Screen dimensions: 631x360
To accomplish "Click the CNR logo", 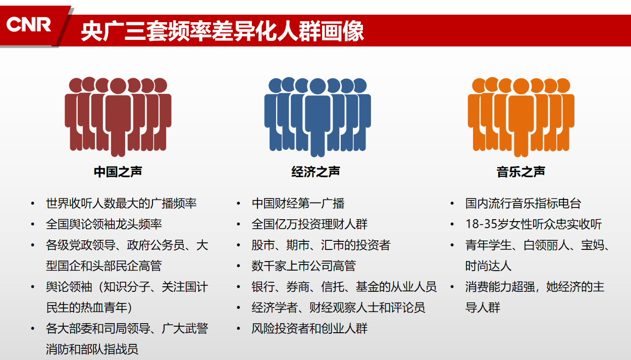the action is coord(29,25).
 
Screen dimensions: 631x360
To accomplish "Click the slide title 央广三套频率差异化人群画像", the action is coord(223,31).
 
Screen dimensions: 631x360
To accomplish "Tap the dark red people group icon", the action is coord(118,117).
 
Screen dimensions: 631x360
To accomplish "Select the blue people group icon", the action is coord(318,117).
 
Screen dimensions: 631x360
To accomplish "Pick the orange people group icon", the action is coord(521,117).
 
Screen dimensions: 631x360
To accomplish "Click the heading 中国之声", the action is coord(118,172).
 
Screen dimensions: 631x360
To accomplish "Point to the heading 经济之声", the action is coord(316,172).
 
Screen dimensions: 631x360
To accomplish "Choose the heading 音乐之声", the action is coord(521,172).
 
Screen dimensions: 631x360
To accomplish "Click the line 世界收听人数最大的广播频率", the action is coord(121,203).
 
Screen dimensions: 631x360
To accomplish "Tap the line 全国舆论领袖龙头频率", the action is coord(104,224).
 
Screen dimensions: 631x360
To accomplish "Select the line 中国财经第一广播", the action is coord(298,203).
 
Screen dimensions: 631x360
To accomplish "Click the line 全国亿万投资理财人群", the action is coord(309,224).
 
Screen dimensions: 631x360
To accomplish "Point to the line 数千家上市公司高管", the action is coord(304,266).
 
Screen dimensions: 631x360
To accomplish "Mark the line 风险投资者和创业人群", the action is coord(309,329).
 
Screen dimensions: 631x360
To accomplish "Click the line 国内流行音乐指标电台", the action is coord(523,203).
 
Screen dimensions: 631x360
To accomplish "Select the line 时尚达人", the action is coord(488,266).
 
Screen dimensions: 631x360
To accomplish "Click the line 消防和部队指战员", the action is coord(92,349).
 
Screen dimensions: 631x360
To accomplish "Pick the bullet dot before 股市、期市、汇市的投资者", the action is coord(239,245).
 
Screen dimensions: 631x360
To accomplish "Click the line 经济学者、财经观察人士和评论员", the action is coord(338,307).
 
